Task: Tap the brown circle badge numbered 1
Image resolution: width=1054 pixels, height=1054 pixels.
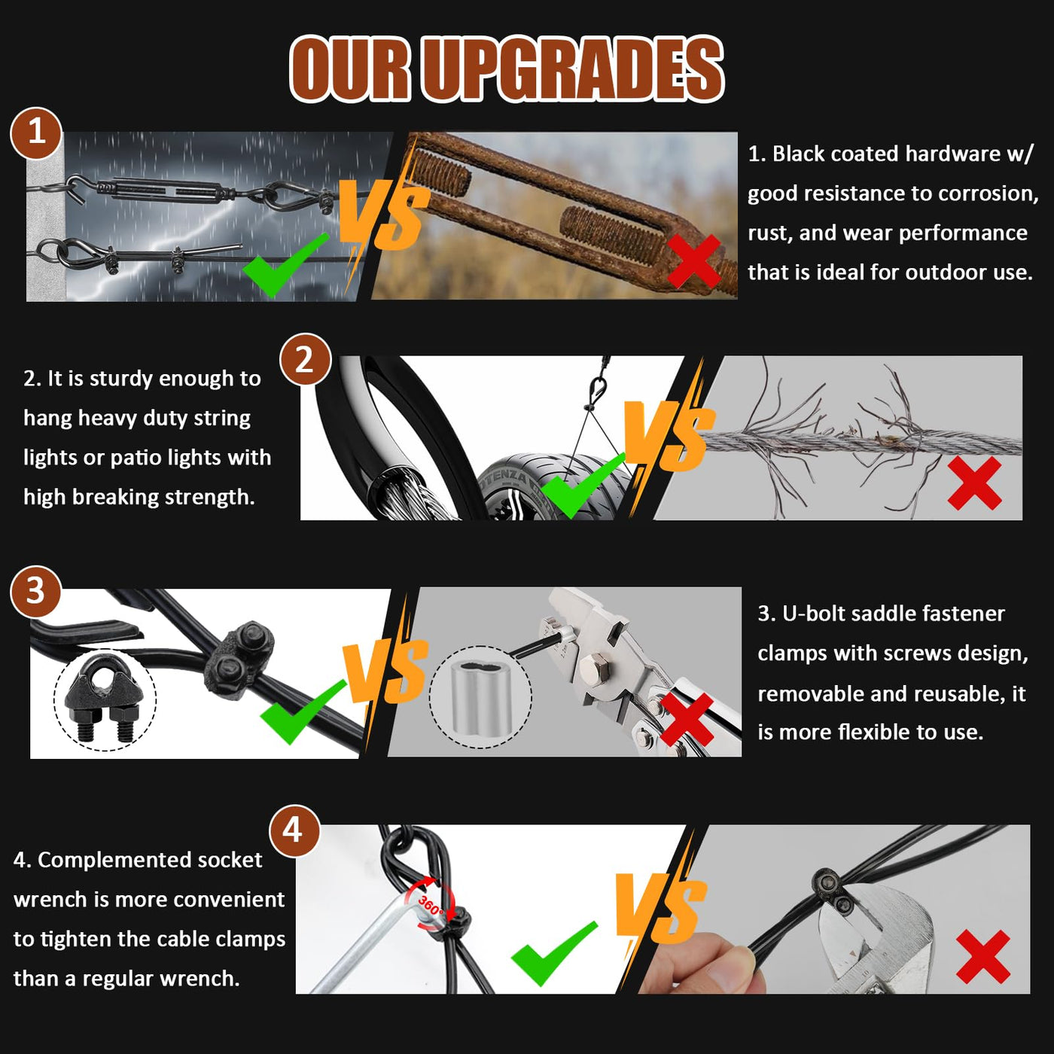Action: coord(36,133)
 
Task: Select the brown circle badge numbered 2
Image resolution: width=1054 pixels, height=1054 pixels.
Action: coord(305,361)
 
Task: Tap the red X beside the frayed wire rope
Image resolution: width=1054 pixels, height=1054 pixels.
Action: coord(974,483)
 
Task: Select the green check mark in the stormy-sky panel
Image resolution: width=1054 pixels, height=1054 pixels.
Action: coord(285,264)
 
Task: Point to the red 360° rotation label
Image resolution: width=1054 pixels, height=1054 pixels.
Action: coord(430,905)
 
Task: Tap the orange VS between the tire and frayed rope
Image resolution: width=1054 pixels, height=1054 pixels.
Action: coord(669,436)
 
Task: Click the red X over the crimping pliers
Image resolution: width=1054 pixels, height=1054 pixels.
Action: coord(687,719)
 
